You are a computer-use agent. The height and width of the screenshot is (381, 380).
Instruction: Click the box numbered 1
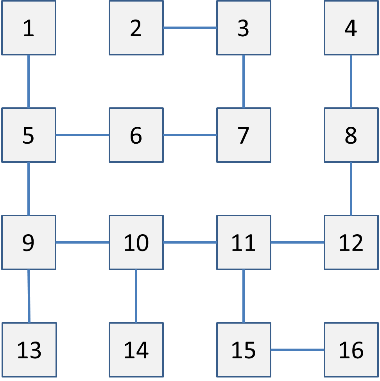click(29, 28)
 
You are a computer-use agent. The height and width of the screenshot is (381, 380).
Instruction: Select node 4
click(351, 28)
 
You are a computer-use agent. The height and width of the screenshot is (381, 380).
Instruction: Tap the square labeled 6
click(136, 135)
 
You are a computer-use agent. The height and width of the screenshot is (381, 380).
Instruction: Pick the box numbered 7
click(244, 135)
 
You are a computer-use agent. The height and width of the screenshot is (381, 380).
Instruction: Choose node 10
click(136, 242)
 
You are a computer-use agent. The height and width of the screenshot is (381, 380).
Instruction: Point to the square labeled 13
click(29, 350)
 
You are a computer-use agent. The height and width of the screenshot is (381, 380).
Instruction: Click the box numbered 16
click(351, 350)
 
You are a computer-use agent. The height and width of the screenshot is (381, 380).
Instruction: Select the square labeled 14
click(136, 350)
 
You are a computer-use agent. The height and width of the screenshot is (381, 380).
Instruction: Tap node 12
click(351, 242)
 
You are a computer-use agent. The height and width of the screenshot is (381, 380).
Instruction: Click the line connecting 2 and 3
click(190, 28)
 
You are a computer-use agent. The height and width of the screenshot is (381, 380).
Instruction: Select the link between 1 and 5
click(29, 81)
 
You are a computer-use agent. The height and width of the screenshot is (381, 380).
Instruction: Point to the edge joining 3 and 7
click(244, 81)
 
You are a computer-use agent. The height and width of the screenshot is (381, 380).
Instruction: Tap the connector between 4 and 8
click(351, 81)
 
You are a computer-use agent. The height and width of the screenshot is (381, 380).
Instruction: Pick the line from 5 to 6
click(82, 135)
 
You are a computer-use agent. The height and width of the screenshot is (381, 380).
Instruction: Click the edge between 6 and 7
click(190, 135)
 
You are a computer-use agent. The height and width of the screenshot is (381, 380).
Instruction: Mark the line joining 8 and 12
click(351, 189)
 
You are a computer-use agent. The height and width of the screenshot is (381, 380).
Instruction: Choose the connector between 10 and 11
click(190, 242)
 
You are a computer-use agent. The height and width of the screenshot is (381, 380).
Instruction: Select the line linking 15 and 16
click(297, 350)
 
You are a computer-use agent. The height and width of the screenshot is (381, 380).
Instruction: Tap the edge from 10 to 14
click(136, 296)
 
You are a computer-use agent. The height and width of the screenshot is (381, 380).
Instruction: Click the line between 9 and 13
click(29, 296)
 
